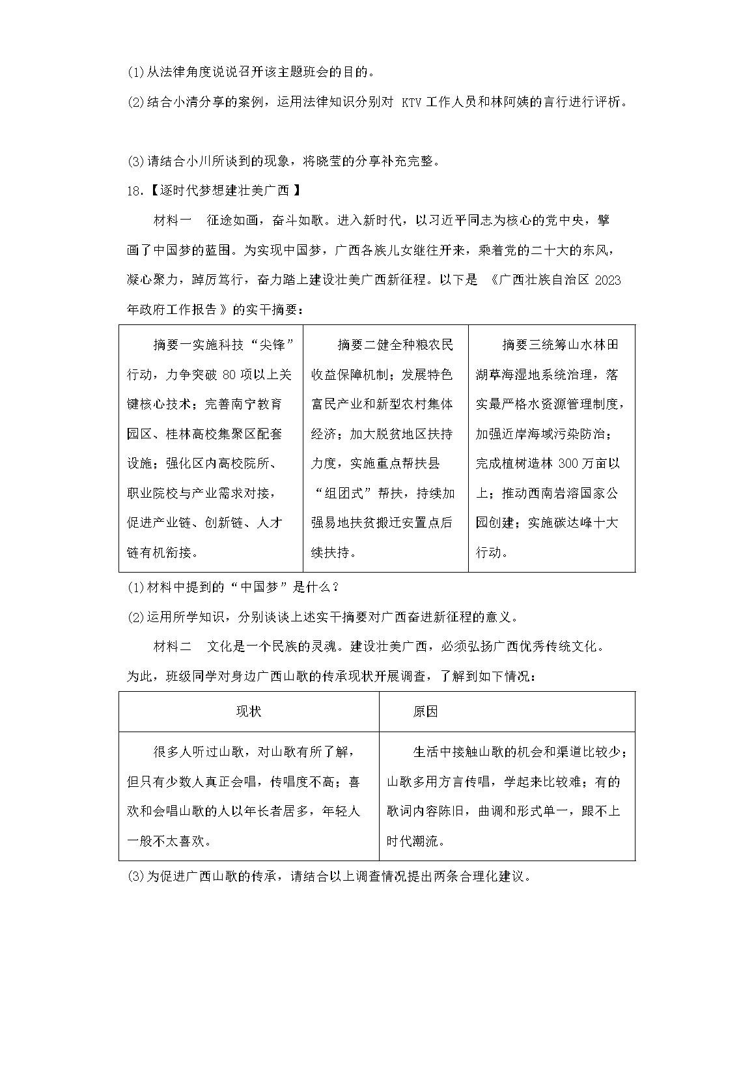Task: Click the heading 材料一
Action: coord(173,221)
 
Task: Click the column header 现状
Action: coord(249,711)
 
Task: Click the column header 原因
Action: coord(425,711)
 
